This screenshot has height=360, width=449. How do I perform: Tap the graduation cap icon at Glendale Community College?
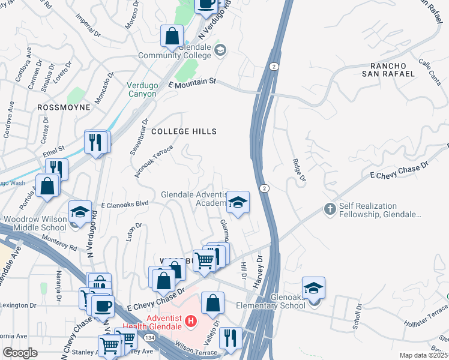[x=220, y=50]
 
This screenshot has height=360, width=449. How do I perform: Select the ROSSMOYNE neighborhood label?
[x=63, y=107]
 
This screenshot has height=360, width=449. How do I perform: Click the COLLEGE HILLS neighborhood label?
[x=184, y=131]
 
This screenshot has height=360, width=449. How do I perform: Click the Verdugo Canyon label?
[x=142, y=89]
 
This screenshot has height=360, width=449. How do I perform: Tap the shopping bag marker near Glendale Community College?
[x=172, y=36]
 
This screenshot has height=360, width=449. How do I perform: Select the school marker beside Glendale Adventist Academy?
[x=238, y=203]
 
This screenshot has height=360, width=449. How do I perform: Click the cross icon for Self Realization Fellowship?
[x=329, y=209]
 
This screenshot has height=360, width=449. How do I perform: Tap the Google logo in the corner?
[x=20, y=353]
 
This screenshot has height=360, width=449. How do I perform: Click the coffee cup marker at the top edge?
[x=206, y=4]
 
